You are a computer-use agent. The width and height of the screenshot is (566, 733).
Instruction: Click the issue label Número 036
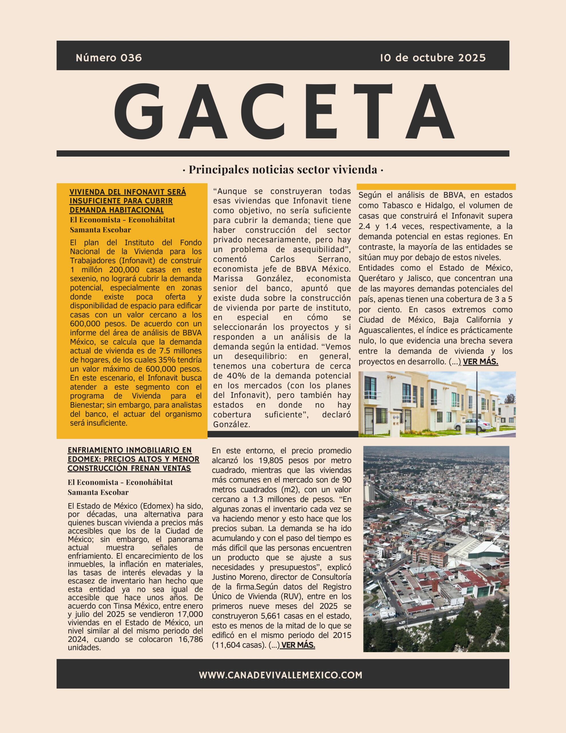click(109, 58)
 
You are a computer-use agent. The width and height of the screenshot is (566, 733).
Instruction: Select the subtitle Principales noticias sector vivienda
click(283, 170)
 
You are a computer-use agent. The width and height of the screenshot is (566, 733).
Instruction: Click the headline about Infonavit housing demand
click(128, 201)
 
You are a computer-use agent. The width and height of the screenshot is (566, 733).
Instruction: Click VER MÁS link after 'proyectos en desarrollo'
click(480, 362)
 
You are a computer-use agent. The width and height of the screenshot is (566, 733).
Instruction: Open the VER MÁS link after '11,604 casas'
click(298, 645)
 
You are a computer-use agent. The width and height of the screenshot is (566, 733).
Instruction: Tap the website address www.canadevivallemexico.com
click(280, 675)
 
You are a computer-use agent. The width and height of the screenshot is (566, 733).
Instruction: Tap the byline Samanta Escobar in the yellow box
click(100, 230)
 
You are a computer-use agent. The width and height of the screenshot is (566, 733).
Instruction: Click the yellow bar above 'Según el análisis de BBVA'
click(436, 187)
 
